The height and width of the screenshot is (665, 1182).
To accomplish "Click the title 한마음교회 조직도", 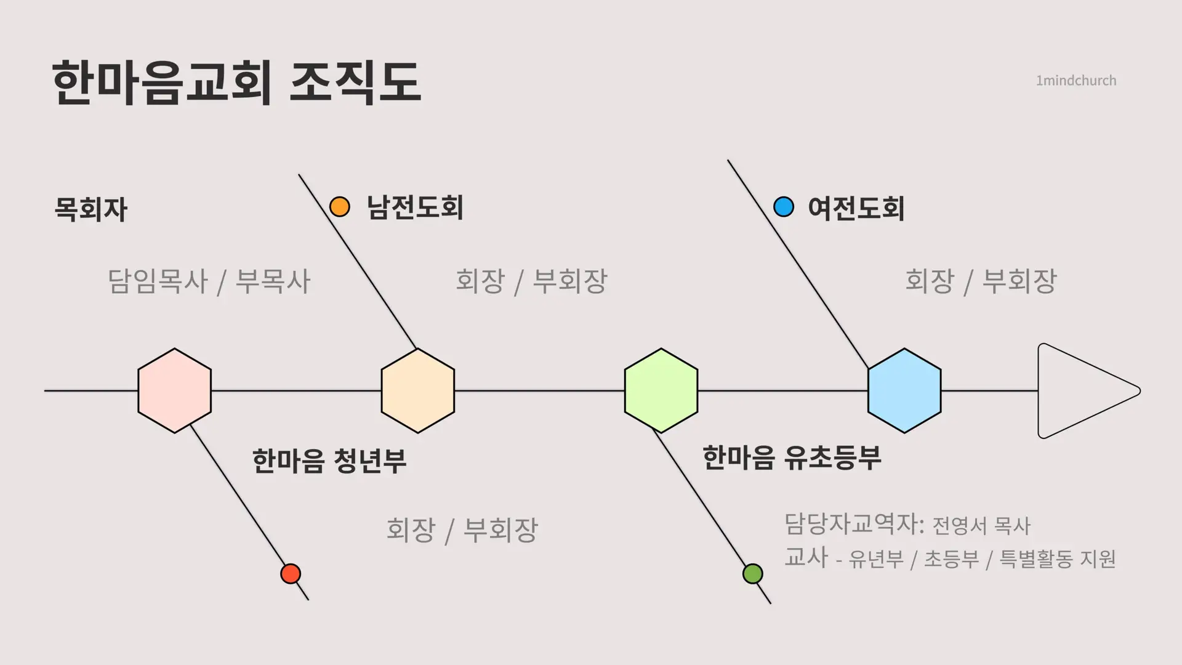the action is coord(237,83).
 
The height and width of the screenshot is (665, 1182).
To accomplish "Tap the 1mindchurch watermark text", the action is coord(1076,81).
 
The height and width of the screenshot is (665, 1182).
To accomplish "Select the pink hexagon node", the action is coord(175,390).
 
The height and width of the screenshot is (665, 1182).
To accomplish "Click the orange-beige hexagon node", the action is coord(418,390).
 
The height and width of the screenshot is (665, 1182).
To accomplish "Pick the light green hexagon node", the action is coord(661,390).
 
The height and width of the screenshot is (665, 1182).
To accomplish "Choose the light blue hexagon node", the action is coord(904,390).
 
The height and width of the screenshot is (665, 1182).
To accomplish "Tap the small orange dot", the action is coord(340,207).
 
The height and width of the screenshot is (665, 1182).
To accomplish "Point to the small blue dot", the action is coord(784,207).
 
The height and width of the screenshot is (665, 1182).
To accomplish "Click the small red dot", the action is coord(291,574).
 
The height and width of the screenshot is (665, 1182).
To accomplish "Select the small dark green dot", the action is coord(753,574).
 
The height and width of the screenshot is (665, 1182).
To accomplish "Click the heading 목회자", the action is coord(91,209).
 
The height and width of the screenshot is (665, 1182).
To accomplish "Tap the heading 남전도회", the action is coord(415,208).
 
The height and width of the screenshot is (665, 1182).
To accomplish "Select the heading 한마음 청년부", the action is coord(329,461).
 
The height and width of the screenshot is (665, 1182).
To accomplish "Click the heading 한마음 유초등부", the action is coord(792,457).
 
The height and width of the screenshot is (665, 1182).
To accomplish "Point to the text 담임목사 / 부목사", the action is coord(209,281).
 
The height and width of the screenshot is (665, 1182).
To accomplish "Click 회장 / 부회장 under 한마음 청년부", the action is coord(462,530).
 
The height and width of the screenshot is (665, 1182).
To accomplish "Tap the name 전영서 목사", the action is coord(981,526).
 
